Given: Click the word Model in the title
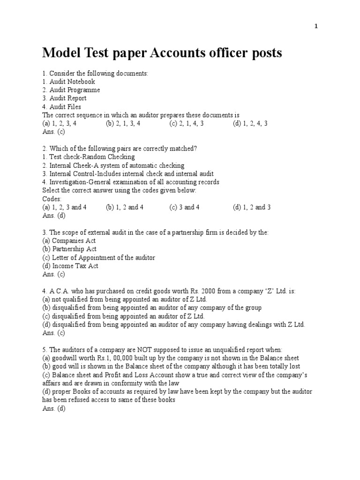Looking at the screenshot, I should [59, 53].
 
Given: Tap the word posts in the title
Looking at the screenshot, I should [266, 53].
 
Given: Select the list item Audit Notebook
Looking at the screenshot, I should [68, 82].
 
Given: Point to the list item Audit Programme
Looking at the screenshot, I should [71, 90].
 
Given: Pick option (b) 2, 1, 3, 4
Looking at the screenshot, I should [123, 124].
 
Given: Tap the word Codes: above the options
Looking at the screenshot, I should [52, 199].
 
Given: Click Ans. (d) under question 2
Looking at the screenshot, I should [53, 216].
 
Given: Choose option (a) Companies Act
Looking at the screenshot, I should [69, 241].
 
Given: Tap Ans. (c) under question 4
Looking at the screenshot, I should [53, 333].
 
